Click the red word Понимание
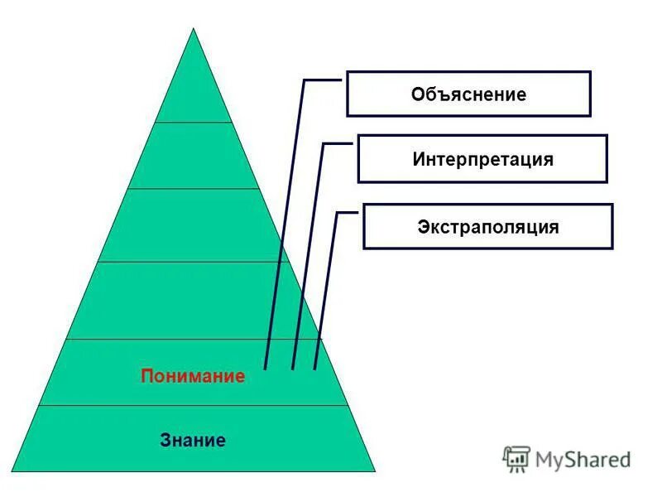click(193, 376)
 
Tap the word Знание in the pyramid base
click(193, 440)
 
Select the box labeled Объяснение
click(468, 94)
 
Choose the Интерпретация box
click(482, 159)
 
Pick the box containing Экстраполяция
click(487, 226)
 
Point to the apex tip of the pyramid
click(194, 29)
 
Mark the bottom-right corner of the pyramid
click(374, 471)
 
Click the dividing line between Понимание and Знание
click(193, 405)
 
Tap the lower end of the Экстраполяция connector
click(314, 367)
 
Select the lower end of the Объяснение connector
click(265, 367)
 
